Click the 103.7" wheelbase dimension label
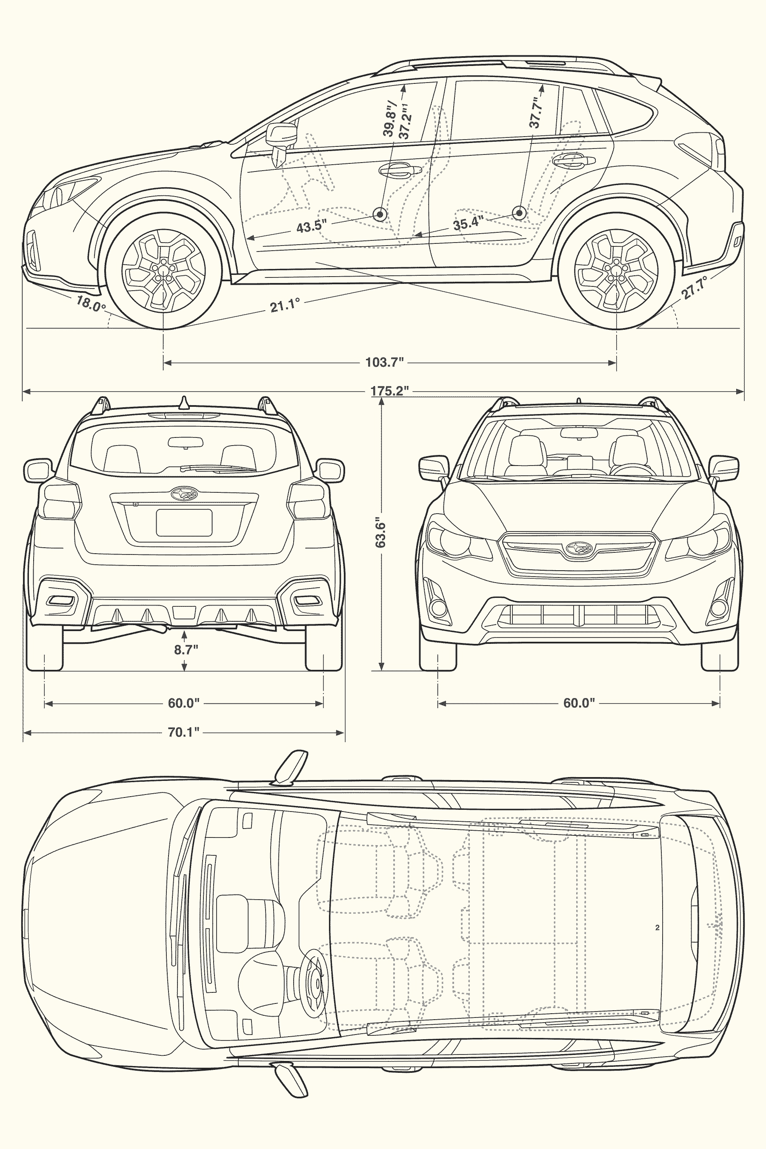[x=384, y=363]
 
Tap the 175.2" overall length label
[x=389, y=391]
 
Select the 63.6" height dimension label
[x=380, y=534]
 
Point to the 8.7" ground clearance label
[x=186, y=649]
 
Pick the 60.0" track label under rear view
[x=184, y=703]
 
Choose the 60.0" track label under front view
[x=579, y=703]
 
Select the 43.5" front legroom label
[x=311, y=226]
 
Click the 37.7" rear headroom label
[x=536, y=113]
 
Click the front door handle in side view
[x=400, y=169]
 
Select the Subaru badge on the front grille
[x=579, y=548]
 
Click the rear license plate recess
[x=184, y=522]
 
